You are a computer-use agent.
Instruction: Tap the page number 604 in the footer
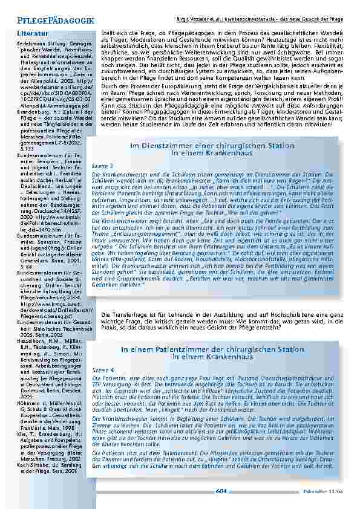[x=221, y=492]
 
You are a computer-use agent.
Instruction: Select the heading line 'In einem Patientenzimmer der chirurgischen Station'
[x=212, y=332]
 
